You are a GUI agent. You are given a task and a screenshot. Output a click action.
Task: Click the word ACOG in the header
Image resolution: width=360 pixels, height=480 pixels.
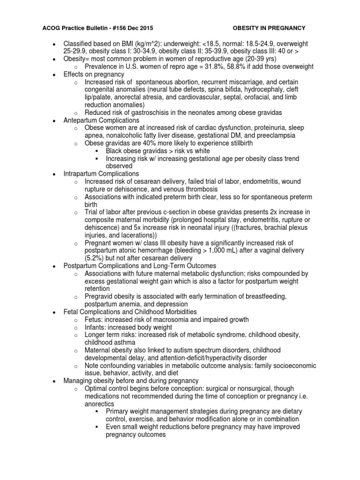coord(49,28)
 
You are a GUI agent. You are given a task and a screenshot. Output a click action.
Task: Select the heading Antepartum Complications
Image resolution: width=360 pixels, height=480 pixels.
coord(101,120)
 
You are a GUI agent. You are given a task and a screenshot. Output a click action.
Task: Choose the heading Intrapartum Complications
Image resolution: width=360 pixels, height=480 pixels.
coord(101,173)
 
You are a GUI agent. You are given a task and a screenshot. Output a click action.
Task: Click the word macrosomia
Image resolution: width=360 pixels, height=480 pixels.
coord(183,320)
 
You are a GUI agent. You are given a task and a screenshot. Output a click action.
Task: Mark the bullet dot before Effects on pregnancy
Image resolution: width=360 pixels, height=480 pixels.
coord(55,74)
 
